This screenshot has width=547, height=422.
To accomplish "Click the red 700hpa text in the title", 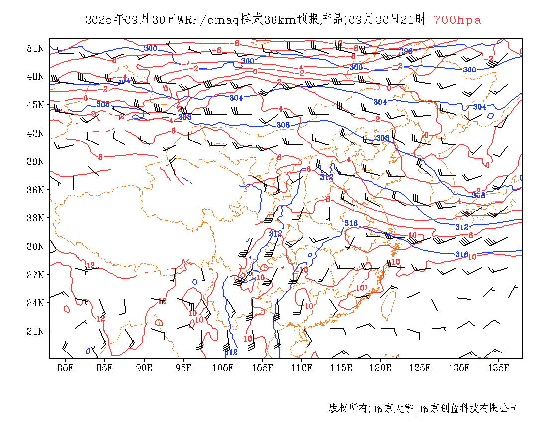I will point(457,20).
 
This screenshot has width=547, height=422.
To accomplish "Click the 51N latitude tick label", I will point(36,48).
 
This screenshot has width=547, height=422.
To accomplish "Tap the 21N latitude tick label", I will point(36,331).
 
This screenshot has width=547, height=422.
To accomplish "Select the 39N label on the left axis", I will point(36,161).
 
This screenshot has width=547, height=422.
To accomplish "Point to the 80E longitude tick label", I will point(66,368).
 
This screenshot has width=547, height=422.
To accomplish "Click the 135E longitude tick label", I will point(499,368).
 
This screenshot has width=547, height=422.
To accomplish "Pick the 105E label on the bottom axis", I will point(263,368).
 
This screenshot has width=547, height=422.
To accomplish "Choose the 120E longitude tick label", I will point(381,368).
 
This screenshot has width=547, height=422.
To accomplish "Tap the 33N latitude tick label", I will point(36,218).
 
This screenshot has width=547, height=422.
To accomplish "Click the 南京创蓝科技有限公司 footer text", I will point(469,408).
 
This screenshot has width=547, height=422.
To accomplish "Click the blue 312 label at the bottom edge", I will point(231,352).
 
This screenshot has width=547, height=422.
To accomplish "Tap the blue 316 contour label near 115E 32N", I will point(351,224).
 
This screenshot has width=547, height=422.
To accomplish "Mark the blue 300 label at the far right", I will point(469,70).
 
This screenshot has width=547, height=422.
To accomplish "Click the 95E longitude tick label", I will point(184,368).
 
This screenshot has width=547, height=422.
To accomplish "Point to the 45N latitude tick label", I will point(36,105).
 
